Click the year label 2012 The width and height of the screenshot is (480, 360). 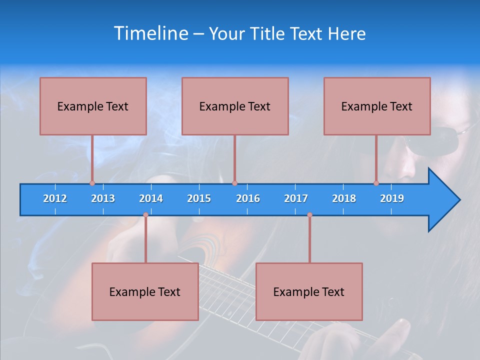pos(55,198)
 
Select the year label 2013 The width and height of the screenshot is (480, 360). pos(103,198)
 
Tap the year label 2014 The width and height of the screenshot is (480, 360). pos(151,198)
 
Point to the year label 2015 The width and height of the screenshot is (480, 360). pos(199,198)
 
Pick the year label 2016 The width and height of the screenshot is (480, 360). pos(248,198)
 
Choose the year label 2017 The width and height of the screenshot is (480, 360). pos(296,198)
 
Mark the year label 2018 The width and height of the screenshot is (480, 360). pos(344,198)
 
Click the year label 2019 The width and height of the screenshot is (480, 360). pos(392,198)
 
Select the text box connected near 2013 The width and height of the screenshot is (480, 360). pos(93,106)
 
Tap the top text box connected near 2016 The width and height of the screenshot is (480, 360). pos(235,106)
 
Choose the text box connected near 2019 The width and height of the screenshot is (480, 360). pos(377,106)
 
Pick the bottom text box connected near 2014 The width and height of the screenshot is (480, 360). pos(145,291)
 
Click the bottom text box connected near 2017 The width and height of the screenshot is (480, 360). pos(309,291)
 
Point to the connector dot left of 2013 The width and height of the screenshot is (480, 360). pos(92,183)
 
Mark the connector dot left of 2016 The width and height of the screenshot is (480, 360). pos(234,183)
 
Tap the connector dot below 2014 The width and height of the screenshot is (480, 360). pos(145,215)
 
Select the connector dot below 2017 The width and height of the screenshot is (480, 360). pos(309,215)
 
